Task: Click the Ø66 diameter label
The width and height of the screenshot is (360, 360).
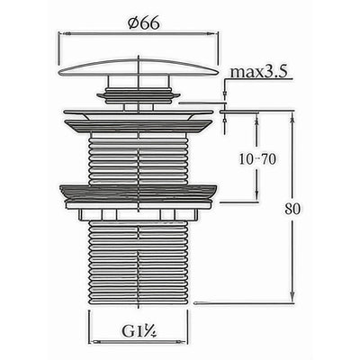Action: [143, 22]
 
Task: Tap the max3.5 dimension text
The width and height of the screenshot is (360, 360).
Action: [258, 72]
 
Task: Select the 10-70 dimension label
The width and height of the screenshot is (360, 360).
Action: [257, 159]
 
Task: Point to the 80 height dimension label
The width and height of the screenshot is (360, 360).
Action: [292, 209]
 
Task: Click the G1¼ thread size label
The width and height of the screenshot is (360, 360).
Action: [139, 331]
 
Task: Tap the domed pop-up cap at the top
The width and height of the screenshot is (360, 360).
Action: [139, 67]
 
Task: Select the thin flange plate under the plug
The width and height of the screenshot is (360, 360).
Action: [139, 112]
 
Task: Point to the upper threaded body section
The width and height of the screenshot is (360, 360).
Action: [139, 159]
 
